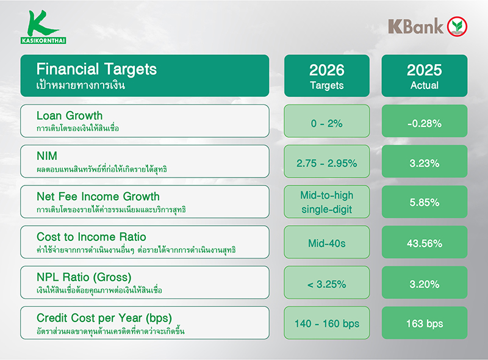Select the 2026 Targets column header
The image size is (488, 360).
coord(326,76)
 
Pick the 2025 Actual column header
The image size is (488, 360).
coord(424,76)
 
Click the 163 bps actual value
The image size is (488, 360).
coord(424,323)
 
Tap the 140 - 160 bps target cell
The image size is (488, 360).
coord(326,323)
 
